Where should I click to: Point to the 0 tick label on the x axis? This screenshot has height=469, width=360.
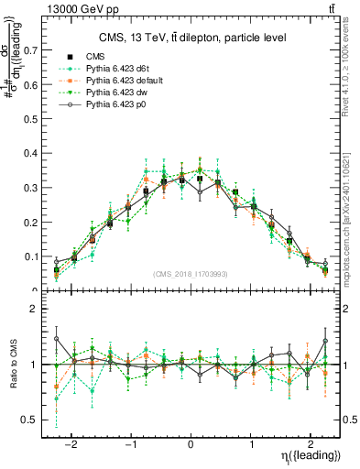tap(190, 441)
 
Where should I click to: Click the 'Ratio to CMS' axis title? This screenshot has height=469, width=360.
tap(13, 365)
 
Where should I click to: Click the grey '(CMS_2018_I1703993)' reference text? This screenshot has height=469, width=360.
tap(190, 274)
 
